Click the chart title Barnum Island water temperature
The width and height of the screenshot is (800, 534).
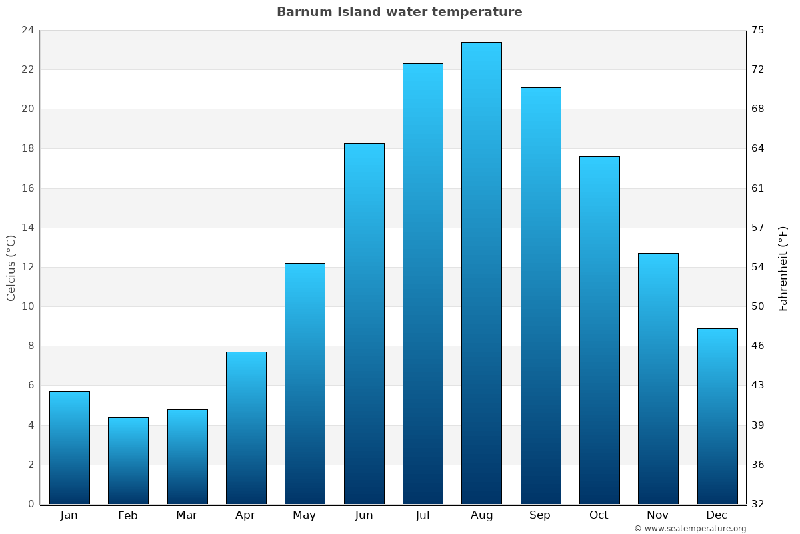point(399,12)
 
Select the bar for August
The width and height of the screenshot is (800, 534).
point(481,273)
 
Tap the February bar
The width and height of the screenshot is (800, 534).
point(128,461)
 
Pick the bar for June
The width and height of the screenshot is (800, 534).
point(364,324)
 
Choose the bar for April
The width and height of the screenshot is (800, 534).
point(246,428)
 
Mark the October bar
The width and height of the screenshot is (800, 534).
point(599,330)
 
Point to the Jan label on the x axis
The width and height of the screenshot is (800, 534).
point(69,515)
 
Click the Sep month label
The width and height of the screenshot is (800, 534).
point(540,515)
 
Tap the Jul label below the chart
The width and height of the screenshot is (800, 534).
point(423,515)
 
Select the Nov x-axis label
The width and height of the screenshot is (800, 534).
point(658,515)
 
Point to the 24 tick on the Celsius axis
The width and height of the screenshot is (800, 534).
point(27,30)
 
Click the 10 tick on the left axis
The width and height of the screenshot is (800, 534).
point(27,307)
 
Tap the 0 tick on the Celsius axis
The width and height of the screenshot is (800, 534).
point(31,504)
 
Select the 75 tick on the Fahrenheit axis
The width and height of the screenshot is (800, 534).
point(758,30)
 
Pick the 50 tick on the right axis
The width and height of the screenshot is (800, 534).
point(758,307)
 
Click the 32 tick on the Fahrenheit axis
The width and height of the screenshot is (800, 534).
point(758,504)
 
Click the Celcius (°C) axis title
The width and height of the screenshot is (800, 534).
point(11,268)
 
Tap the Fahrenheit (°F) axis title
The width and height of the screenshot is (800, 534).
point(783,268)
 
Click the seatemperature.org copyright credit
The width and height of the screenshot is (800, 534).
point(690,529)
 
